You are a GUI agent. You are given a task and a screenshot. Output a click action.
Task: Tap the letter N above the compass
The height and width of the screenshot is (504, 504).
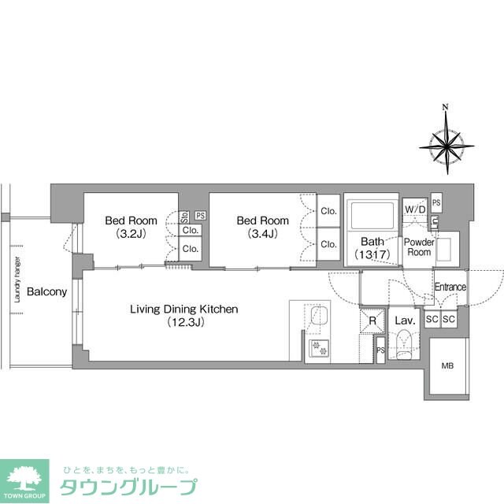446,107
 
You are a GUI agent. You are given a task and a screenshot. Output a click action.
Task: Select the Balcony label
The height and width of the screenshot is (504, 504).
46,292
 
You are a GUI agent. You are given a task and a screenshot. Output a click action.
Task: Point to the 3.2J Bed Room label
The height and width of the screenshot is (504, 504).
131,227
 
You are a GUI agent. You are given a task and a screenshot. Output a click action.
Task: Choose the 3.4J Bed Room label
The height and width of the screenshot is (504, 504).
263,227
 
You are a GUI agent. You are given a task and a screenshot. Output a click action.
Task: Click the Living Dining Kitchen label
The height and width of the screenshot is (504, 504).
184,315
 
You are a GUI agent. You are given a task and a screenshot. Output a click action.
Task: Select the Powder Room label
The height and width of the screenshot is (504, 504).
418,246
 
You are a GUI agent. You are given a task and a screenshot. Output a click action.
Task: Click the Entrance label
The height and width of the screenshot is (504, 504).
450,287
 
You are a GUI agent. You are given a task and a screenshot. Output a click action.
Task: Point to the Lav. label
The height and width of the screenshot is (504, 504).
405,321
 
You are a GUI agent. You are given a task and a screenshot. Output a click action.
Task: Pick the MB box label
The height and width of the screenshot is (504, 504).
447,365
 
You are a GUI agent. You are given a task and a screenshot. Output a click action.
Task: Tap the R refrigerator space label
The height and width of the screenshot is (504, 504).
372,321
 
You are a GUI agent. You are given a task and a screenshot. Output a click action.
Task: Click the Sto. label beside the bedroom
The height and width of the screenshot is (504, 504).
184,215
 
